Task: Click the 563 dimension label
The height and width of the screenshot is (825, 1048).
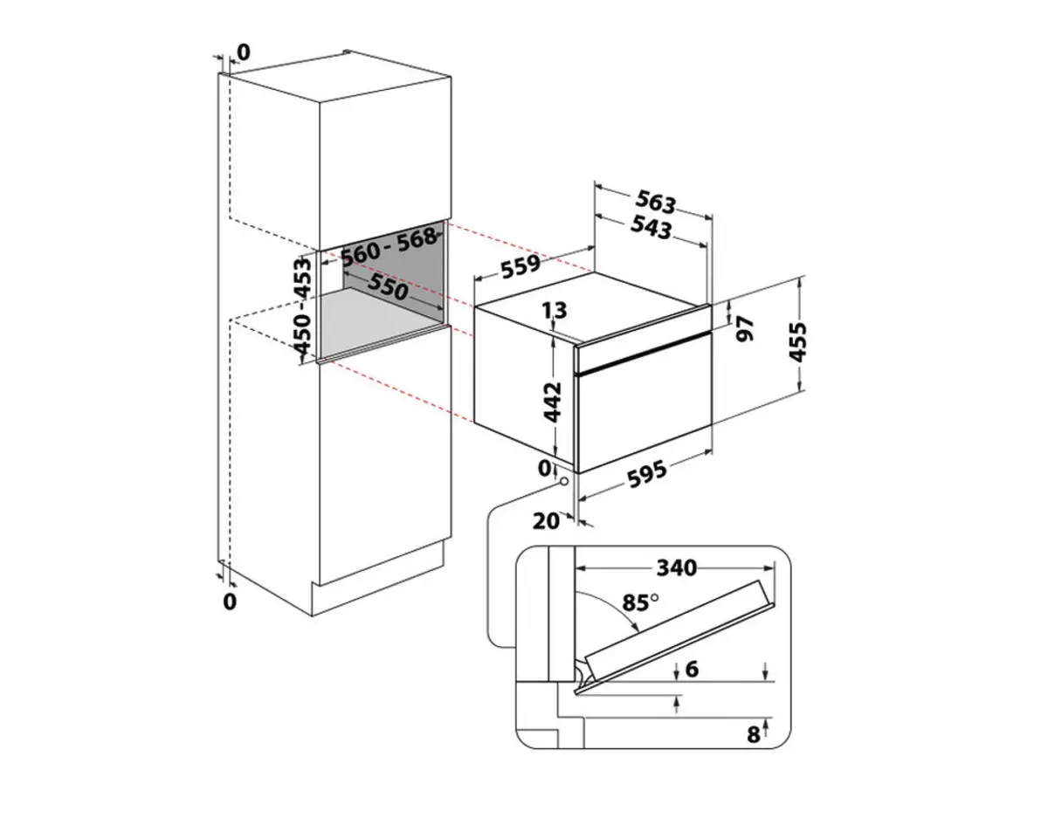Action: pyautogui.click(x=656, y=203)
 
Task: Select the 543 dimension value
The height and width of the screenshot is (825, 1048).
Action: pyautogui.click(x=652, y=228)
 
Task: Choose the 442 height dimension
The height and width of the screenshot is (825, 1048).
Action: pyautogui.click(x=551, y=402)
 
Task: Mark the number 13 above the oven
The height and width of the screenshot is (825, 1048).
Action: pyautogui.click(x=554, y=310)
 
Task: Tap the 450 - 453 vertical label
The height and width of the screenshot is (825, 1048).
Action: pyautogui.click(x=303, y=306)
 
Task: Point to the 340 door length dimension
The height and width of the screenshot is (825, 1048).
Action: pyautogui.click(x=677, y=567)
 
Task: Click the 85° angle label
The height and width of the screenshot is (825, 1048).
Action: pyautogui.click(x=641, y=602)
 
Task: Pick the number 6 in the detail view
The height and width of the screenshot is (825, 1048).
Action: pyautogui.click(x=693, y=670)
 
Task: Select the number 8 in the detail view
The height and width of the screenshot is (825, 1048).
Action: pyautogui.click(x=752, y=734)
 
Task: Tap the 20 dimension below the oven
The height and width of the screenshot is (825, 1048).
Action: pyautogui.click(x=545, y=521)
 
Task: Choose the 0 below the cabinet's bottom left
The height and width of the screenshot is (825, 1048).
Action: pyautogui.click(x=230, y=602)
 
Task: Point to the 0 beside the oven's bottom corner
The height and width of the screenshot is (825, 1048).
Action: pyautogui.click(x=544, y=468)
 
